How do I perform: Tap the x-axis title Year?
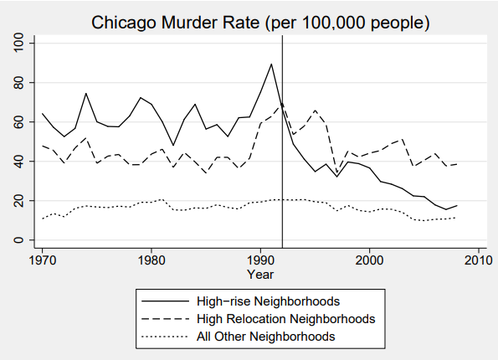pos(260,274)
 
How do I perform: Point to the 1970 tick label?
pos(42,260)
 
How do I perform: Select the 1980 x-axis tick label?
pos(151,260)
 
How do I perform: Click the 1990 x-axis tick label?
pos(260,260)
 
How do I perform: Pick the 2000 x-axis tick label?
pos(369,260)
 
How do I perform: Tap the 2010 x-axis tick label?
pos(478,260)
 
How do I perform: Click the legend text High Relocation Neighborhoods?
pos(279,319)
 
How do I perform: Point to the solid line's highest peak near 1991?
pos(271,64)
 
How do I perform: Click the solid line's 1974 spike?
pos(85,94)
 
